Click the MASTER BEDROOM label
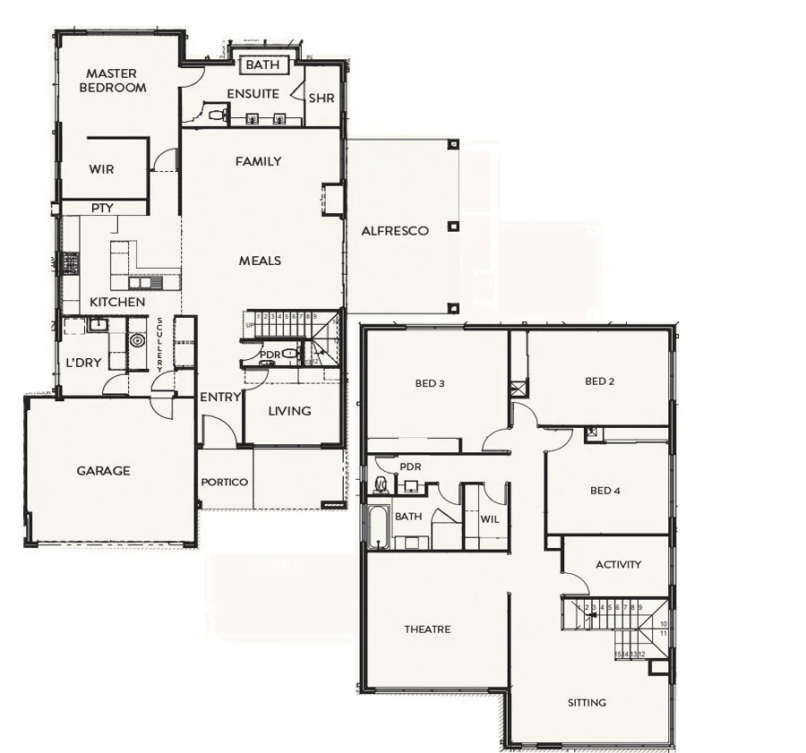pyautogui.click(x=112, y=81)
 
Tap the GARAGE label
pyautogui.click(x=103, y=470)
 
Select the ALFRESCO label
pyautogui.click(x=395, y=230)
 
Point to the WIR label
pyautogui.click(x=101, y=169)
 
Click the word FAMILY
pyautogui.click(x=258, y=161)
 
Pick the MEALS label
pyautogui.click(x=260, y=261)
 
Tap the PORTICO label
pyautogui.click(x=224, y=482)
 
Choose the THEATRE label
pyautogui.click(x=427, y=629)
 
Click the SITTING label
pyautogui.click(x=587, y=702)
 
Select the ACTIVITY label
pyautogui.click(x=618, y=564)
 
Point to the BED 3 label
pyautogui.click(x=430, y=383)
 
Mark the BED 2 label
pyautogui.click(x=599, y=381)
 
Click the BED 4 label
pyautogui.click(x=605, y=490)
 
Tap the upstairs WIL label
pyautogui.click(x=489, y=518)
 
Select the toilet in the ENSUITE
pyautogui.click(x=215, y=114)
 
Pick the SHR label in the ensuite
pyautogui.click(x=321, y=98)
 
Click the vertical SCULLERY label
pyautogui.click(x=159, y=345)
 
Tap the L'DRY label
pyautogui.click(x=82, y=363)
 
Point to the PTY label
pyautogui.click(x=102, y=208)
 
